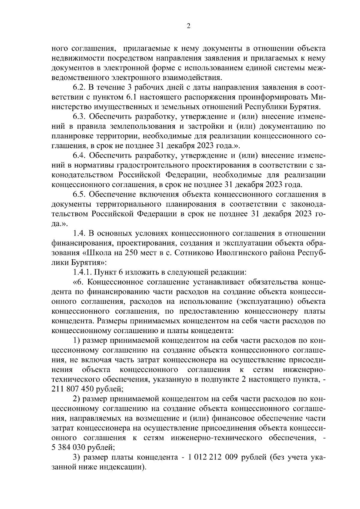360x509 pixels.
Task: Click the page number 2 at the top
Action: (x=188, y=26)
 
